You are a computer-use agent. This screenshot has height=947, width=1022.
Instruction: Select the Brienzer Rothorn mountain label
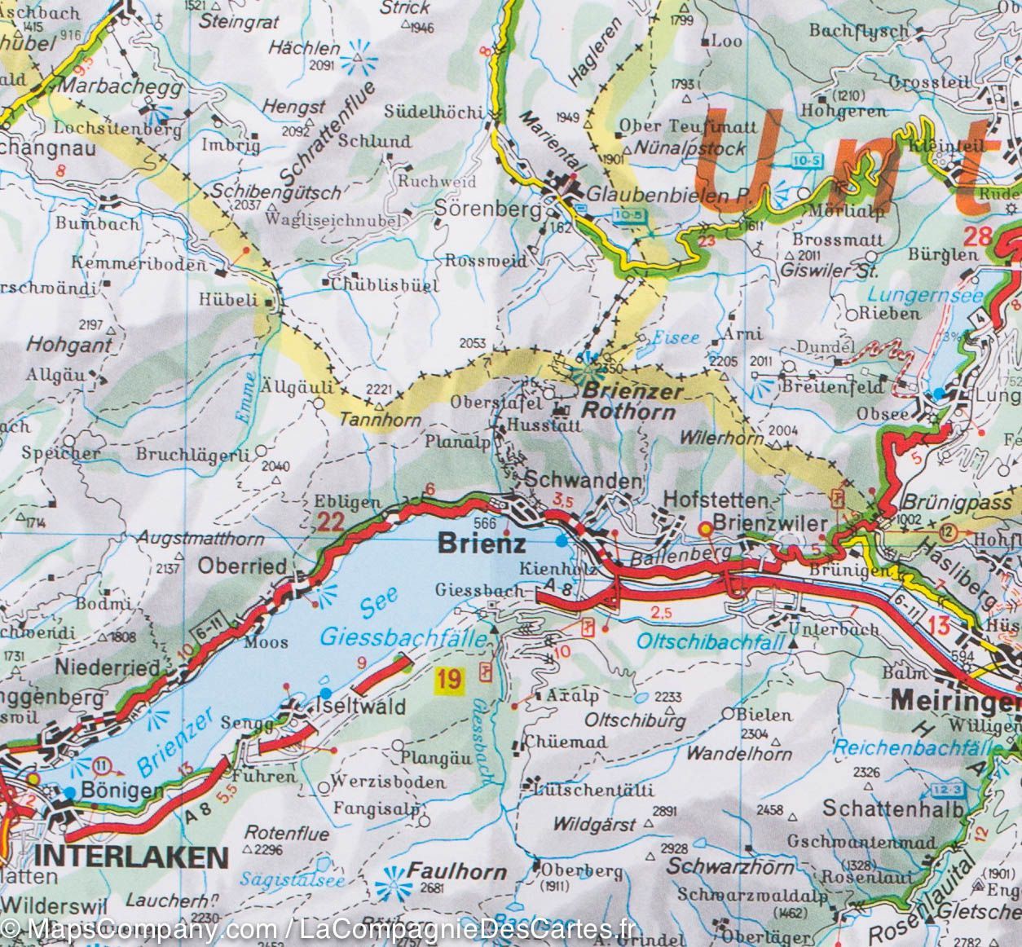[629, 402]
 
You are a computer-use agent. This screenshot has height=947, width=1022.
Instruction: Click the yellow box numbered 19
[449, 678]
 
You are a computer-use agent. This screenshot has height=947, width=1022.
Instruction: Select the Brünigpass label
[956, 504]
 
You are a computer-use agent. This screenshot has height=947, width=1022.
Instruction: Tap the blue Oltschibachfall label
[708, 641]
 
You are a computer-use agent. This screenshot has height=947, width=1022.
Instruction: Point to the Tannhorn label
[380, 421]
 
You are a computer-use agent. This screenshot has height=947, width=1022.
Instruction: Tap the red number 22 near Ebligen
[330, 522]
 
